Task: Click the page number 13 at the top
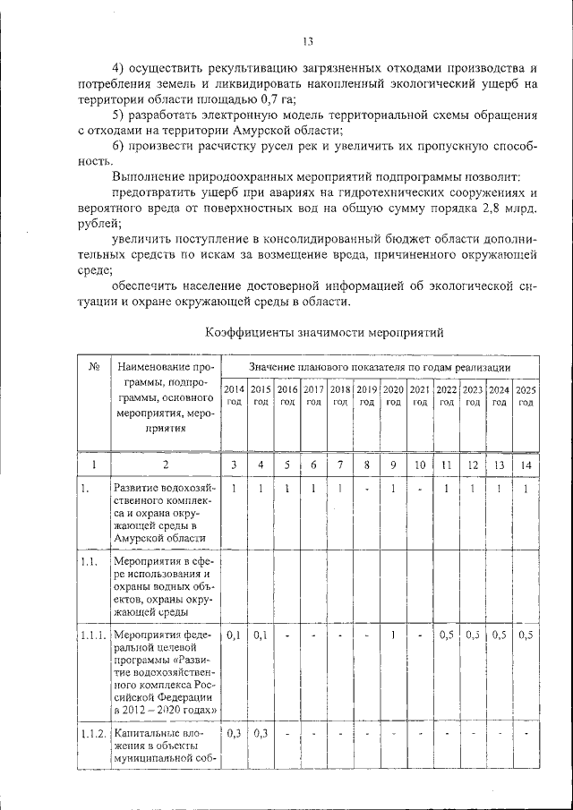point(307,40)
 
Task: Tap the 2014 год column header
point(233,396)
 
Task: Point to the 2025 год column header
point(526,396)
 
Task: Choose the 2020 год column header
point(392,396)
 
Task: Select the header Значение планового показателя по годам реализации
point(380,367)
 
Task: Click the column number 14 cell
point(526,465)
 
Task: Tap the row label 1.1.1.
point(93,635)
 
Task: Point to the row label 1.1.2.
point(93,734)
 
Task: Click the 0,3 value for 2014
point(233,734)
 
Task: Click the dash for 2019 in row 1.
point(367,490)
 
